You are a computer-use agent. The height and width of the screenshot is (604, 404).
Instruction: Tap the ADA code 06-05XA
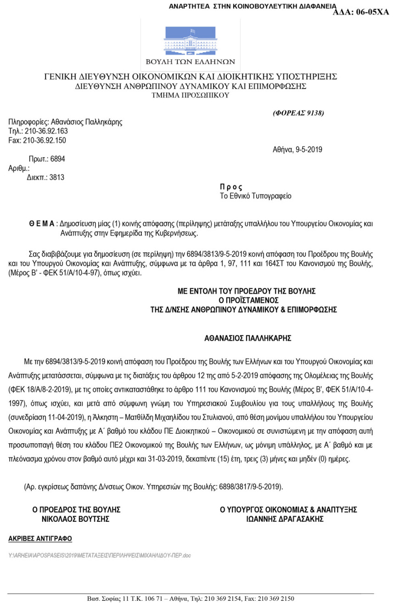coord(361,12)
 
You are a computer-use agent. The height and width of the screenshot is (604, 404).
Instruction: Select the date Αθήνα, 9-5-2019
coord(297,150)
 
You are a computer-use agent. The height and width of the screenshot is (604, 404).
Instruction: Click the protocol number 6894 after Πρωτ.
coord(58,159)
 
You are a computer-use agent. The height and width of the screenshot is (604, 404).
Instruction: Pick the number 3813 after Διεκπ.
coord(57,178)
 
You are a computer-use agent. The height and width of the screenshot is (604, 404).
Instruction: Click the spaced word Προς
coord(231,187)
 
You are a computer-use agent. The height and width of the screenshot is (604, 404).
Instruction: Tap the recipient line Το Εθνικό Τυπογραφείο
coord(256,196)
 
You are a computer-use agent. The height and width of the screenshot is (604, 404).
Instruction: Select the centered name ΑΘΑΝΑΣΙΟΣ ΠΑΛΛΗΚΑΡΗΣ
coord(248,339)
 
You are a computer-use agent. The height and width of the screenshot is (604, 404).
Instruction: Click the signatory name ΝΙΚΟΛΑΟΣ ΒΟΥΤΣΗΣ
coord(76,519)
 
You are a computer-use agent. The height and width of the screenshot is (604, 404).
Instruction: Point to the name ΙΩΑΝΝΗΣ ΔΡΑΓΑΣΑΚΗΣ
coord(285,519)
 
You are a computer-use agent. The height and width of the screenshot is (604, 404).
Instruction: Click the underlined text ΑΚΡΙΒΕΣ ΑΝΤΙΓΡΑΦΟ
coord(40,538)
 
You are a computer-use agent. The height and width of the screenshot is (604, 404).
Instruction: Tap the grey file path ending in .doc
coord(100,555)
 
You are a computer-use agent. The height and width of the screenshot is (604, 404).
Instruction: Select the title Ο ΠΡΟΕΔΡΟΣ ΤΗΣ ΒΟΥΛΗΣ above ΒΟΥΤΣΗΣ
coord(76,510)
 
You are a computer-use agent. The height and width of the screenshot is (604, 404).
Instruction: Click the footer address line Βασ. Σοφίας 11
coord(191,598)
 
